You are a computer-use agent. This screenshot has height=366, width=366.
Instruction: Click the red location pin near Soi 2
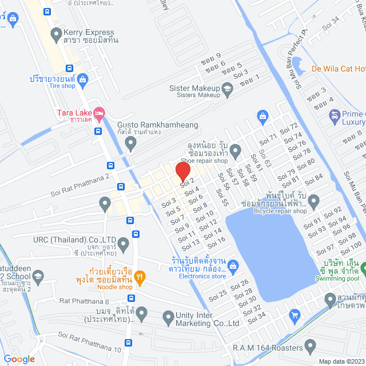pos(182,172)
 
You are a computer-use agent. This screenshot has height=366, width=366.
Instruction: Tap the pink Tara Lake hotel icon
pos(99,112)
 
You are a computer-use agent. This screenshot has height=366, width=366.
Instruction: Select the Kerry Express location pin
pos(56,34)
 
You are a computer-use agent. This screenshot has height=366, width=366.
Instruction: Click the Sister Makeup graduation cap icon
pos(228,88)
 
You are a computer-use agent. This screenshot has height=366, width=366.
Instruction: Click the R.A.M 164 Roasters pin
pos(311,346)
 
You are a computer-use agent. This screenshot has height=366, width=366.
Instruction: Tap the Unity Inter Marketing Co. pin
pos(168,316)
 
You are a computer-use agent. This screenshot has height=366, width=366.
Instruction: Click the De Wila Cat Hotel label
pos(338,69)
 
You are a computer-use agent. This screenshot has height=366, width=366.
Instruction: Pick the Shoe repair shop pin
pos(235,150)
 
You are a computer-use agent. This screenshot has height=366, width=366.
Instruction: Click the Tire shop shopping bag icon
pos(82,78)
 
